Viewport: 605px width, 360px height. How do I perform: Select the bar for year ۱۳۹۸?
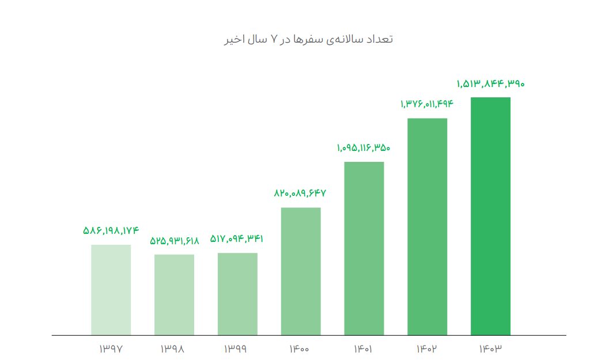point(174,294)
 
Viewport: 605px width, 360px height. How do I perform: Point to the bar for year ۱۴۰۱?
point(364,248)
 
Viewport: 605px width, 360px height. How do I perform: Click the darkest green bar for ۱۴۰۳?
point(490,216)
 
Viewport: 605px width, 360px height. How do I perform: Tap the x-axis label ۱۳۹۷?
point(111,348)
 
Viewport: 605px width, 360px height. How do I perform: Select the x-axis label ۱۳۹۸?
point(174,348)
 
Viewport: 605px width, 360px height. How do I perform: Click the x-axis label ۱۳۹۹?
point(237,348)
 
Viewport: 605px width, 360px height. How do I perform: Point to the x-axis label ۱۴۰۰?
point(301,348)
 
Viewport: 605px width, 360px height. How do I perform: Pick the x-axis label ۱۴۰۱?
point(364,348)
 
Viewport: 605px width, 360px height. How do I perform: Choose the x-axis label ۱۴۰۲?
point(427,348)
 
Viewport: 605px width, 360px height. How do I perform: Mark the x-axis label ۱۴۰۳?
point(490,348)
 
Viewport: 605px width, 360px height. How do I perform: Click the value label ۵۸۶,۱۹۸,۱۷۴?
point(111,230)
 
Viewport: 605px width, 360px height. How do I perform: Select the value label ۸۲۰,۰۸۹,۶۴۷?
point(300,194)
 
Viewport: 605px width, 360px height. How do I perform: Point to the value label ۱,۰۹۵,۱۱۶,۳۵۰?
point(364,148)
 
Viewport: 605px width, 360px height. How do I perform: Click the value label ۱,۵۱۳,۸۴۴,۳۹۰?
point(490,84)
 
